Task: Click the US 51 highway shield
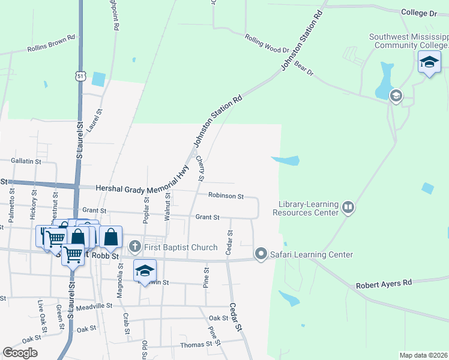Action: coord(80,76)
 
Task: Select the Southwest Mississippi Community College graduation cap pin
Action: coord(429,62)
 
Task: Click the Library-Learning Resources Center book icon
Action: coord(348,208)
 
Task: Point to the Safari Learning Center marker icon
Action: coord(261,254)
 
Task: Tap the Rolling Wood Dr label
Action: coord(267,43)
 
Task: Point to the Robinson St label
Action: coord(226,196)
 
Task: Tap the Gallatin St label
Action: coord(26,161)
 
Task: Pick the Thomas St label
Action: coord(196,344)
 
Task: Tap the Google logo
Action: coord(20,352)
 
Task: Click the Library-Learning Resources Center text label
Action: coord(306,208)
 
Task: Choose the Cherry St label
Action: coord(200,168)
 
